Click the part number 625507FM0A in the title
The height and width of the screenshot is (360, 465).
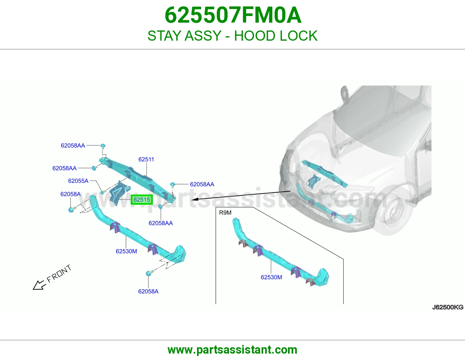[233, 15]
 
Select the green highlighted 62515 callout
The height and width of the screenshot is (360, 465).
[142, 200]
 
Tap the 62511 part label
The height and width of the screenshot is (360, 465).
[146, 159]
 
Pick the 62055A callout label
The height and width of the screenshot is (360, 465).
[78, 181]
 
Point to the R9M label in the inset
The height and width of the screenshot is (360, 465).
[225, 213]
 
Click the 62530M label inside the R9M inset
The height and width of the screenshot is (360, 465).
[271, 277]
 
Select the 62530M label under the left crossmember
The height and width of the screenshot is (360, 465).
[126, 251]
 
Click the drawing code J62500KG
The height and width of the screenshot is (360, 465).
[448, 307]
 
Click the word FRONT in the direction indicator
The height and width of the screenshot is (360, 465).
[59, 274]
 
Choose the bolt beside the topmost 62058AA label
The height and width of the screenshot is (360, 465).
[103, 146]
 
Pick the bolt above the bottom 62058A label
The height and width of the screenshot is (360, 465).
[149, 273]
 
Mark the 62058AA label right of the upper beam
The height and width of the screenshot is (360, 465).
[202, 184]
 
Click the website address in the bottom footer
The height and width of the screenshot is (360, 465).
[233, 350]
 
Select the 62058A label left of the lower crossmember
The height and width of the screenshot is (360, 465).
[70, 194]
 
